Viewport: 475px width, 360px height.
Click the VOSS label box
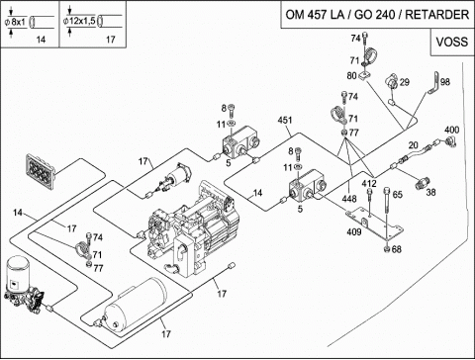coord(452,42)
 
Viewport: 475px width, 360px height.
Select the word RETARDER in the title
coord(436,15)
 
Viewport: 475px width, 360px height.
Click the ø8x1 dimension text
coord(15,22)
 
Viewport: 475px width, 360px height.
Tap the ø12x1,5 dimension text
coord(79,21)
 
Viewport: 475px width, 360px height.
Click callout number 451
coord(285,120)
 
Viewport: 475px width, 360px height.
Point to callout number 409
coord(354,232)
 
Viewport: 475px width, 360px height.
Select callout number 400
coord(451,130)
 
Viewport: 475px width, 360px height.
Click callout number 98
coord(445,82)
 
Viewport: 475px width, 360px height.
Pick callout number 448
coord(349,199)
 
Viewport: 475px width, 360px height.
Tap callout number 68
coord(397,249)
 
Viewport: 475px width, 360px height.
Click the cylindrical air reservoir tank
coord(135,305)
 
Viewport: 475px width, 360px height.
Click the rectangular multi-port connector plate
coord(41,172)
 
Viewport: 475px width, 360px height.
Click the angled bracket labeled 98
coord(434,83)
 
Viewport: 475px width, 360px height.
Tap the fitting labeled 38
coord(423,183)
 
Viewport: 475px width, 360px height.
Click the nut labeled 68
coord(387,249)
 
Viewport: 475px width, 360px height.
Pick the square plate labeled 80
coord(363,76)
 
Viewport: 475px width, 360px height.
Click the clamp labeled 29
coord(392,81)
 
